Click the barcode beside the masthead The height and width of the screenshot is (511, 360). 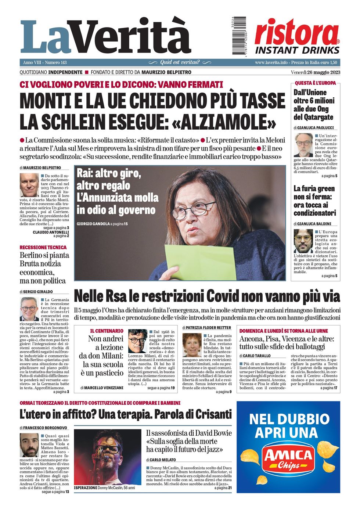pyautogui.click(x=239, y=36)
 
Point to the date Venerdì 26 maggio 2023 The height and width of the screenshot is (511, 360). pyautogui.click(x=315, y=72)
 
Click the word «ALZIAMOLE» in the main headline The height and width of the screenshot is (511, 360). pyautogui.click(x=224, y=122)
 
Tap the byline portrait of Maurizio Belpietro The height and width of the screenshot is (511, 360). pyautogui.click(x=29, y=185)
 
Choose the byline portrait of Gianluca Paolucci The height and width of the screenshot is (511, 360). pyautogui.click(x=303, y=145)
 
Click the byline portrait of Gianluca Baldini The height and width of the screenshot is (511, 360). pyautogui.click(x=303, y=241)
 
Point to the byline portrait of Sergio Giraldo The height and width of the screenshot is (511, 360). pyautogui.click(x=29, y=309)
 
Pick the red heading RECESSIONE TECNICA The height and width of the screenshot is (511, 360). pyautogui.click(x=43, y=248)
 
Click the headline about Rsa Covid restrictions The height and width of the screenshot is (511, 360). pyautogui.click(x=207, y=296)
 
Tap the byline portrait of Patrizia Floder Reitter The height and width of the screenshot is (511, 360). pyautogui.click(x=192, y=345)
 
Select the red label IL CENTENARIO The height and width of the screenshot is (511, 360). pyautogui.click(x=107, y=331)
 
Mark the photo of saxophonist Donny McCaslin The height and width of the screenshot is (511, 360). pyautogui.click(x=107, y=457)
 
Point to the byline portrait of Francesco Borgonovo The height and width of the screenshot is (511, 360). pyautogui.click(x=29, y=445)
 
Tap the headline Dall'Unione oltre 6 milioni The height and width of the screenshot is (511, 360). pyautogui.click(x=314, y=105)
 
